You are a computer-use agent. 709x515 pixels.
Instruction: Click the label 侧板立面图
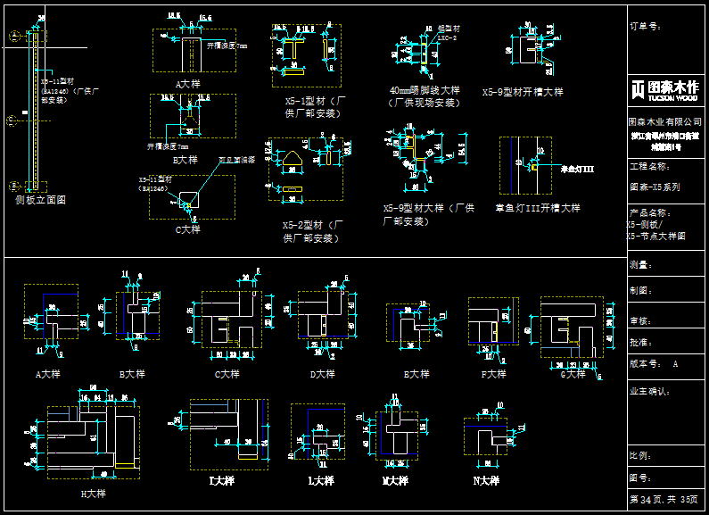point(40,201)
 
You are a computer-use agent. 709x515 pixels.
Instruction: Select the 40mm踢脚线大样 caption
point(425,90)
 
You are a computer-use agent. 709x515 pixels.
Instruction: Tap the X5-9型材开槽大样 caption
point(523,91)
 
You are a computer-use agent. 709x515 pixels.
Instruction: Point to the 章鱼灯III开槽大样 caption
point(538,208)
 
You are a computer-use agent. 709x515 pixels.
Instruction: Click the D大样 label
point(322,374)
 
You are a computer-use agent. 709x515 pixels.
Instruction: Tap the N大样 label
point(487,481)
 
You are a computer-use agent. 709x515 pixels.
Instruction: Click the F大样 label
point(494,374)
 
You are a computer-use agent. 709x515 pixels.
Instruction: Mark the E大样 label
point(416,374)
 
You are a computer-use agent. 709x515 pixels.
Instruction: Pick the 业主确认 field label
point(648,390)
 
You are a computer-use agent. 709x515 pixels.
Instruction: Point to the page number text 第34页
point(644,499)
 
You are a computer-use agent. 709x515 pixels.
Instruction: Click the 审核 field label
point(641,320)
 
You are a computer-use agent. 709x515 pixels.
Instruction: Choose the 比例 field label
point(641,455)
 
